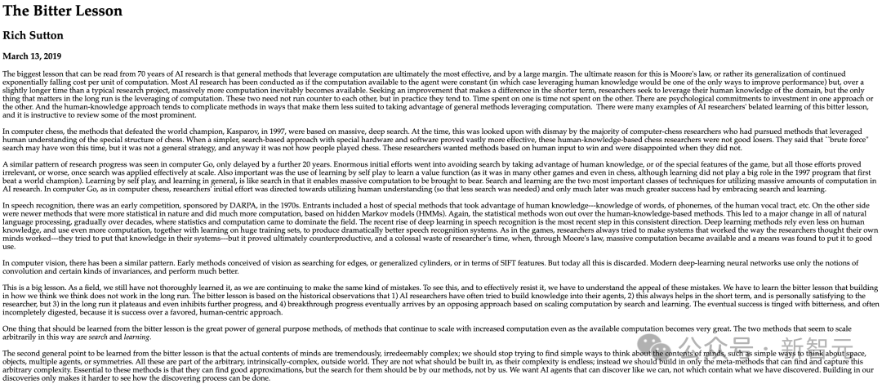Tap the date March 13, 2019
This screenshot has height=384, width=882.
pyautogui.click(x=33, y=56)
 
